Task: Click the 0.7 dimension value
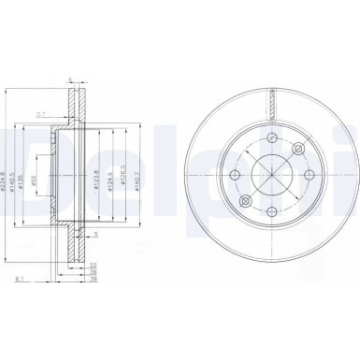point(65,114)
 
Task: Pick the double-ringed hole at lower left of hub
point(245,203)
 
